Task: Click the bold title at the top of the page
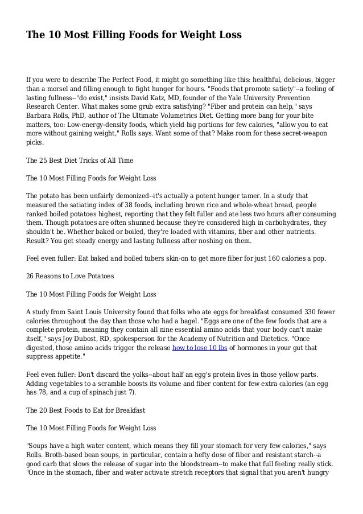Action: point(134,35)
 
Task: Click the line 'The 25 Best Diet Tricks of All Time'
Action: point(80,161)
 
